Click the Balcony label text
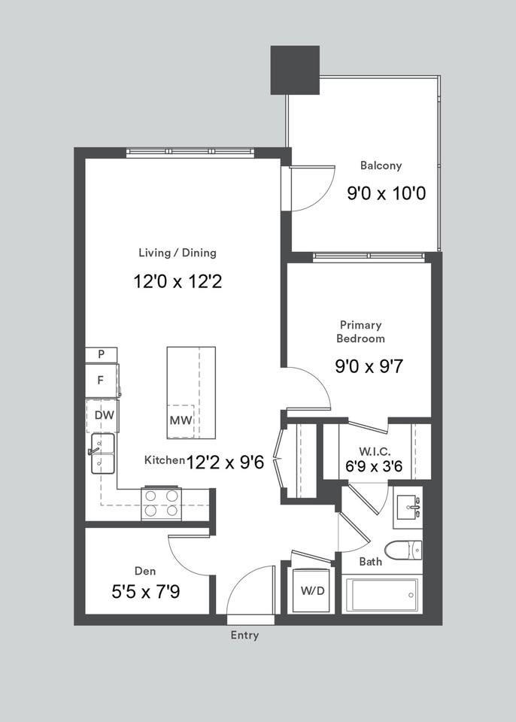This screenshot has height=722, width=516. [381, 165]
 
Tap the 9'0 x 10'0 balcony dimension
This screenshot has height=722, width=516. [386, 193]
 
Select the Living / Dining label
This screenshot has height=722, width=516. [178, 253]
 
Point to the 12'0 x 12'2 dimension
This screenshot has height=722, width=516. [178, 282]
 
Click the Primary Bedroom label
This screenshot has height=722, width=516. [361, 332]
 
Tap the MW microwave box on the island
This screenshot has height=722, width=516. [181, 420]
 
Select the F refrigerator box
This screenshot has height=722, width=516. [101, 381]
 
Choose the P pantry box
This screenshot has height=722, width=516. [101, 354]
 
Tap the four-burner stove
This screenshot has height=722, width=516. [162, 503]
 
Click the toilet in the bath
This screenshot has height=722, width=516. [404, 550]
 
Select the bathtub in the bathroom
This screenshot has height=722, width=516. [381, 594]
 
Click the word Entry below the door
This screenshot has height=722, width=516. [244, 636]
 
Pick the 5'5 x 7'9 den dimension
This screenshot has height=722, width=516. [146, 592]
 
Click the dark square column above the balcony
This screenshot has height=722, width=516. [295, 70]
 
